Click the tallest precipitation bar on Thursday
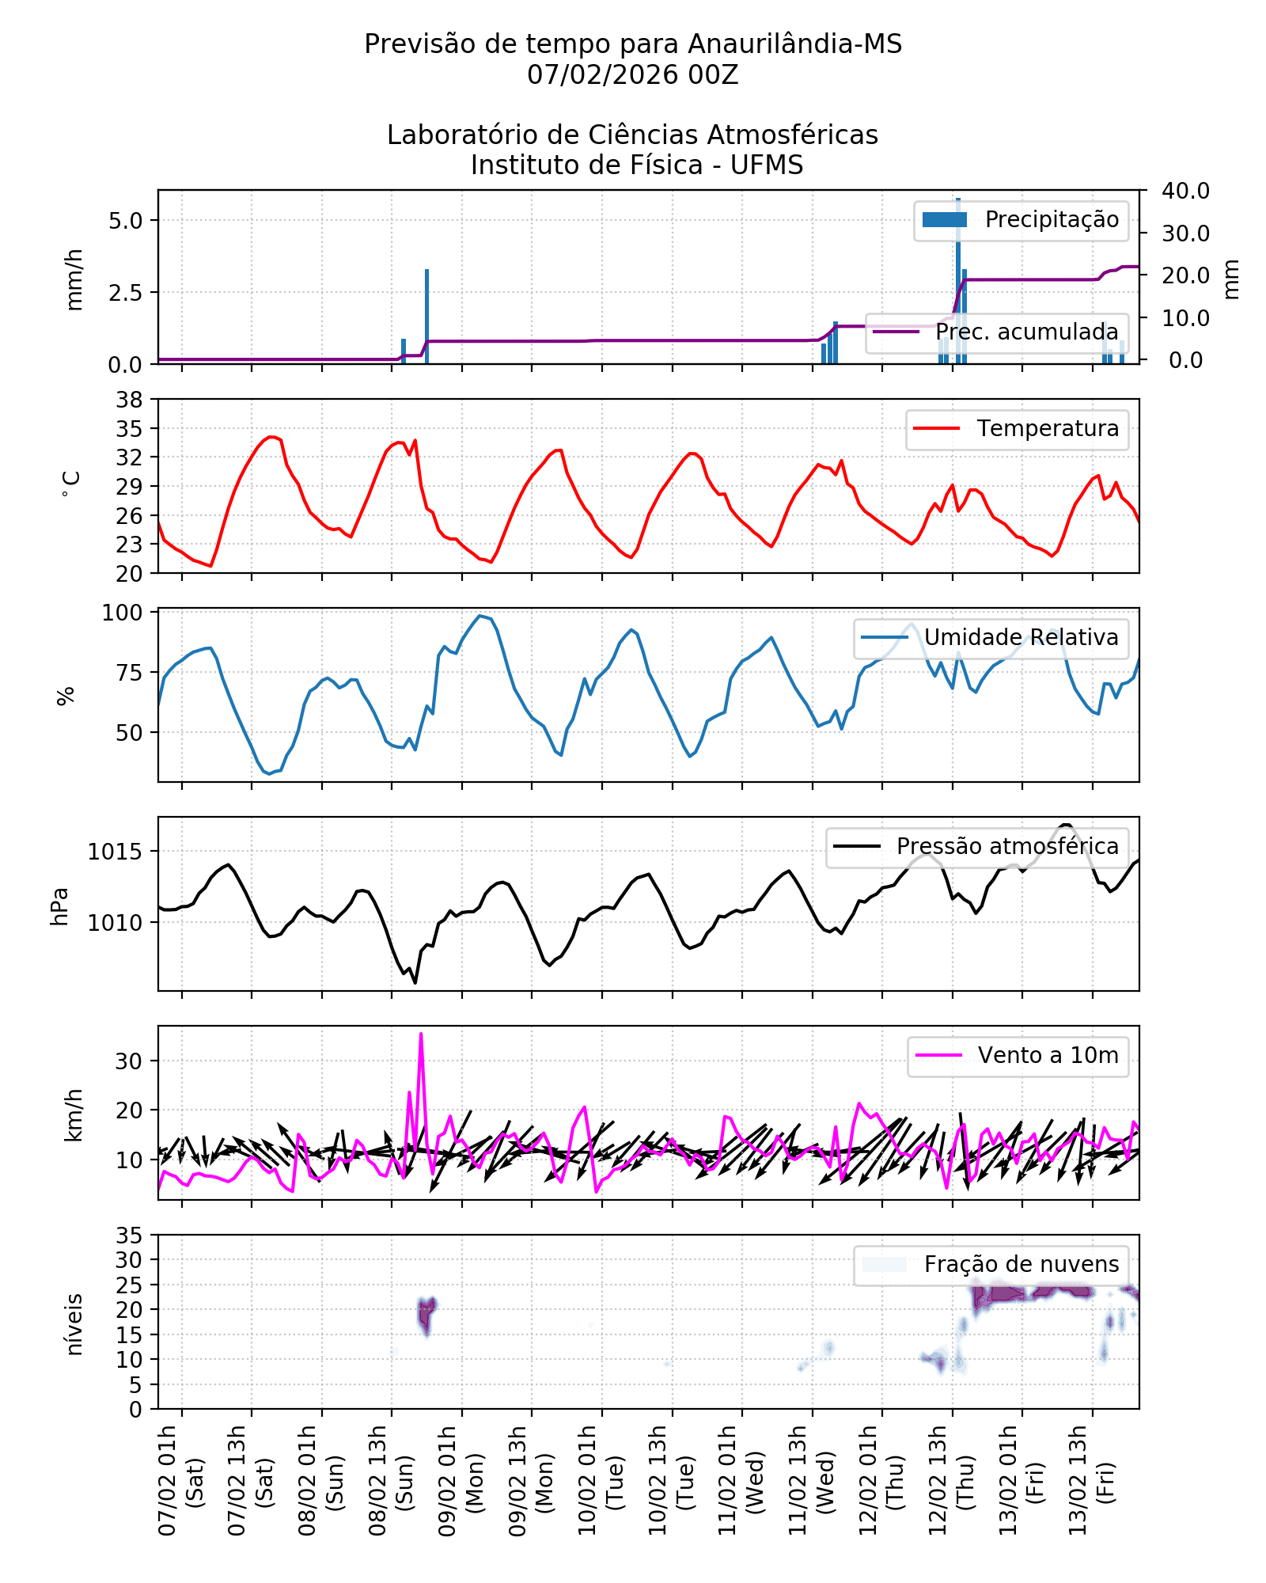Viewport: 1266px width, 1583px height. point(958,277)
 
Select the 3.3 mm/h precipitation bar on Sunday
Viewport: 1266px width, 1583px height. point(427,317)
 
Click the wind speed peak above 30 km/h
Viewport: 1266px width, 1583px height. point(421,1034)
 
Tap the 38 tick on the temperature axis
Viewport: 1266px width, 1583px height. point(130,400)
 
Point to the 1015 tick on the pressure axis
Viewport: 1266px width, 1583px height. point(116,852)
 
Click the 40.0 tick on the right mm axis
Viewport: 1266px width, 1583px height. point(1185,191)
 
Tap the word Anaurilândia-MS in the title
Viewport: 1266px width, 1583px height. point(794,44)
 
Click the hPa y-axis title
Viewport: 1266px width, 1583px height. point(60,906)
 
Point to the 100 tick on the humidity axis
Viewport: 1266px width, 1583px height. point(123,613)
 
